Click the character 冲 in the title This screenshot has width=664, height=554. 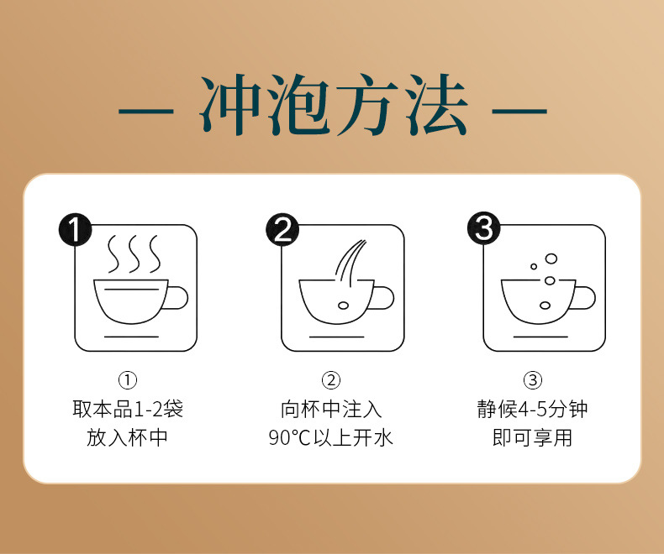(x=230, y=104)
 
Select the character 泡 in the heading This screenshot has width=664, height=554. (x=300, y=104)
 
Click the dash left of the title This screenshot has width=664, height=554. (x=145, y=112)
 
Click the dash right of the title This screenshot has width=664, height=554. (x=519, y=112)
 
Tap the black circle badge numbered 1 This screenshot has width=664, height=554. (x=75, y=230)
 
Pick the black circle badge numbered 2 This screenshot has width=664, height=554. (x=282, y=230)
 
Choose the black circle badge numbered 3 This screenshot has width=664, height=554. (x=483, y=229)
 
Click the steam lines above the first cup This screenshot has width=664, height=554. (x=134, y=254)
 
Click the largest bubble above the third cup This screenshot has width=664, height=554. (x=551, y=259)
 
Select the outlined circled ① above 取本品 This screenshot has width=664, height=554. (x=128, y=380)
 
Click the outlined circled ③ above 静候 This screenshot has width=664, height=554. (x=533, y=380)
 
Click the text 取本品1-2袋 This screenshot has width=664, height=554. (x=128, y=409)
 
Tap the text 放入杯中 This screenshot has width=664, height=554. (x=127, y=437)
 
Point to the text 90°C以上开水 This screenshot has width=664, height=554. (x=330, y=437)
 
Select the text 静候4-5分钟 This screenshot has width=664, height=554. (x=532, y=409)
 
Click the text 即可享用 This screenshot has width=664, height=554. (x=532, y=437)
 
